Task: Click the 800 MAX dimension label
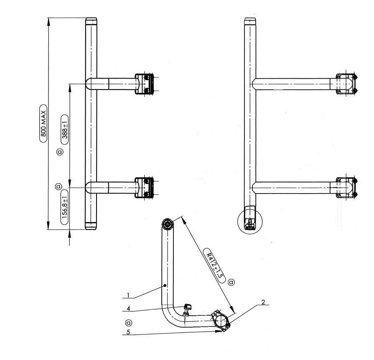click(43, 123)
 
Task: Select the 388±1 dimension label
click(65, 130)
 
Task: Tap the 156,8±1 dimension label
click(64, 207)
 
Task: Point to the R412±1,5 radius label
click(214, 266)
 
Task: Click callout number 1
click(128, 296)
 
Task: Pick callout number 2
click(263, 302)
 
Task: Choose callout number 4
click(128, 309)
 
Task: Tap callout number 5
click(128, 332)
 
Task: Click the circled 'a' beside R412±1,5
click(231, 282)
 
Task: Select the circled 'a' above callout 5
click(129, 323)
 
